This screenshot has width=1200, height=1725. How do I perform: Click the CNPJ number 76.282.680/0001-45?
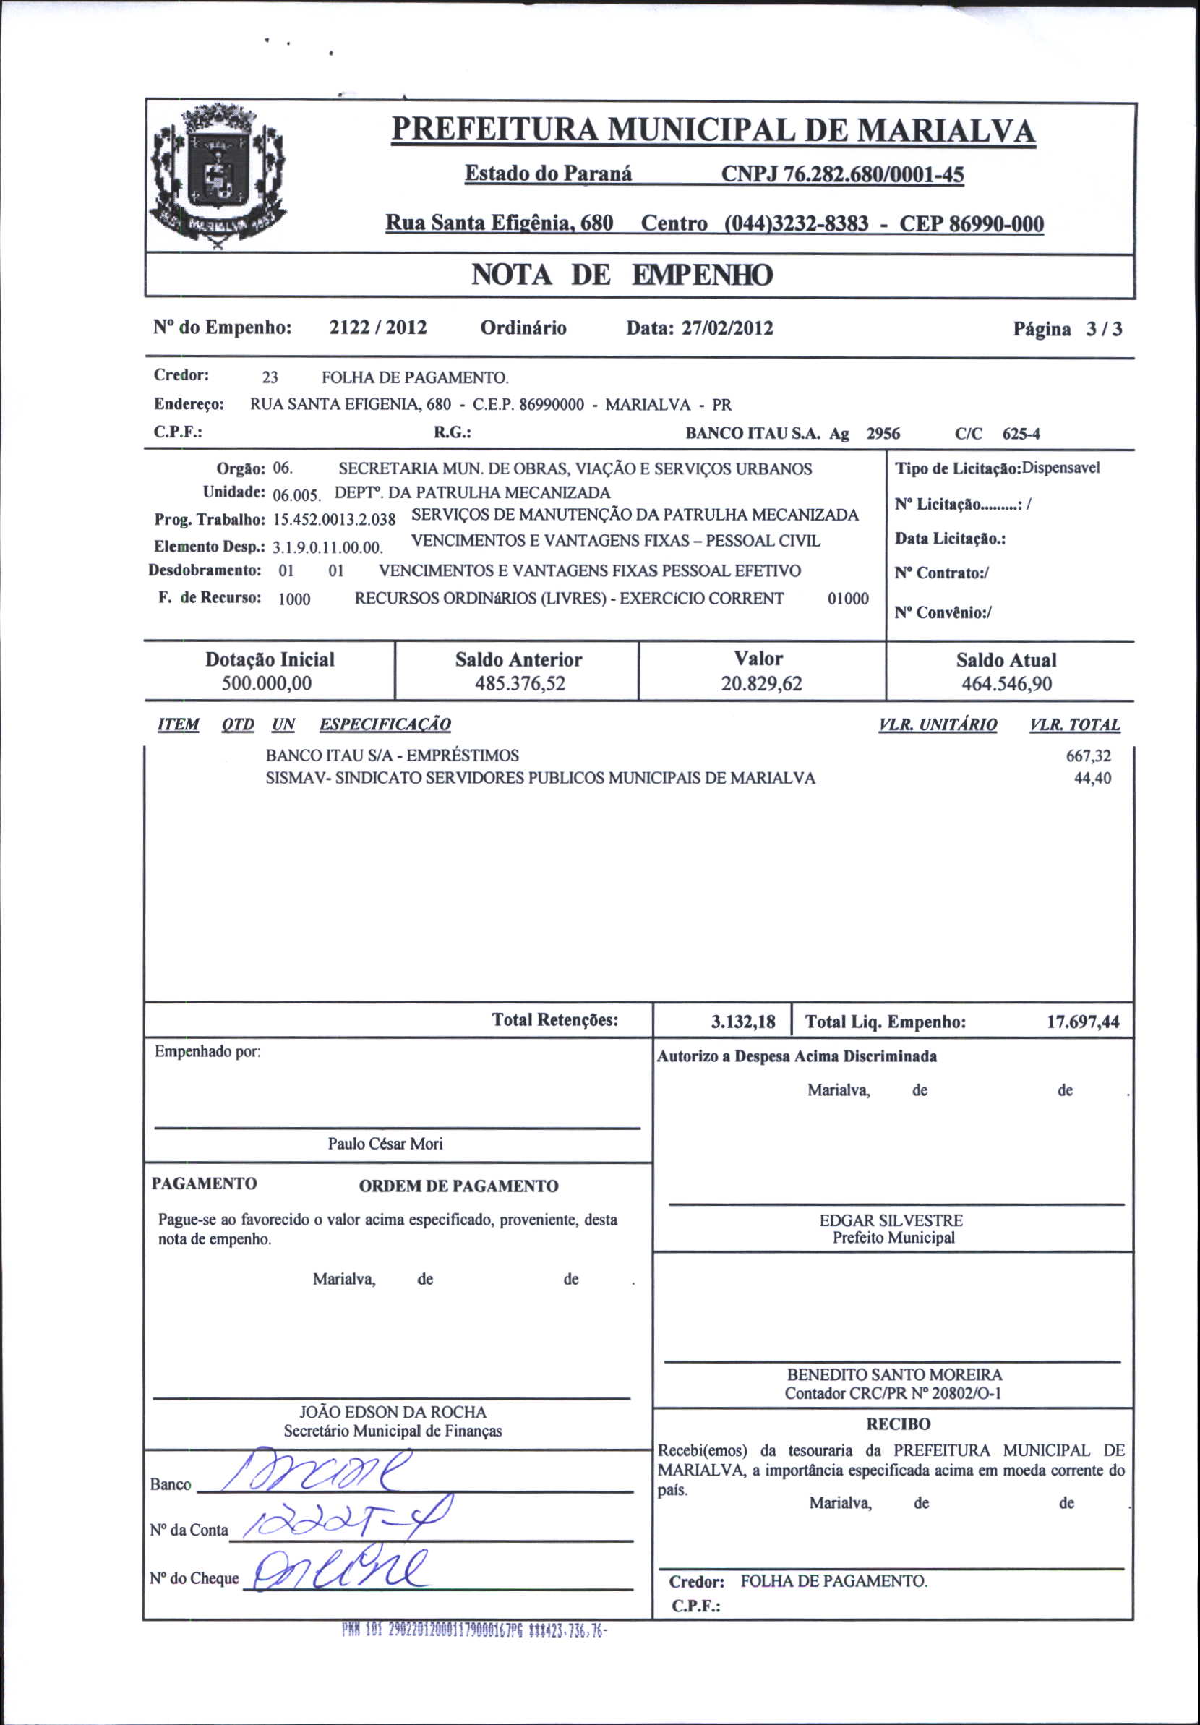coord(841,174)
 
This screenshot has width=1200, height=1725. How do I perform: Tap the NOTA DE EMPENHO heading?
coord(622,275)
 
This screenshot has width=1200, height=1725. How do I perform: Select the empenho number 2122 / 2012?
coord(378,328)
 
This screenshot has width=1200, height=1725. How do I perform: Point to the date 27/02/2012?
coord(727,328)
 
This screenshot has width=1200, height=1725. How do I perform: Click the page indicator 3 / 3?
coord(1103,329)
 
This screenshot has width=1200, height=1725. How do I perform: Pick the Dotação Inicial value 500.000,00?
coord(266,684)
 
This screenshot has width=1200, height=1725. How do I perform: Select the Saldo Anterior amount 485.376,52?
coord(519,684)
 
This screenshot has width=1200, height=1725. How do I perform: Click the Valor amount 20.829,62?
coord(761,684)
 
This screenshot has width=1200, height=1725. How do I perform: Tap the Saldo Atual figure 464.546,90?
coord(1006,684)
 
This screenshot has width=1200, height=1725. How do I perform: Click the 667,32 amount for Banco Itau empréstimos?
coord(1088,756)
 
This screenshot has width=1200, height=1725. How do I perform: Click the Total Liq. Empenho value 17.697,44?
coord(1083,1022)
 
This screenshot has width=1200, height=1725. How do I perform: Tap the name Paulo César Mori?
coord(385,1144)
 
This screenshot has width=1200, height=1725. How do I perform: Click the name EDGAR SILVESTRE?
coord(891,1220)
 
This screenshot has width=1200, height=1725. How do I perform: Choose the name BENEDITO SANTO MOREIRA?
coord(894,1375)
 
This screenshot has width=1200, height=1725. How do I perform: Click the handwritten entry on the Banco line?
coord(323,1474)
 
